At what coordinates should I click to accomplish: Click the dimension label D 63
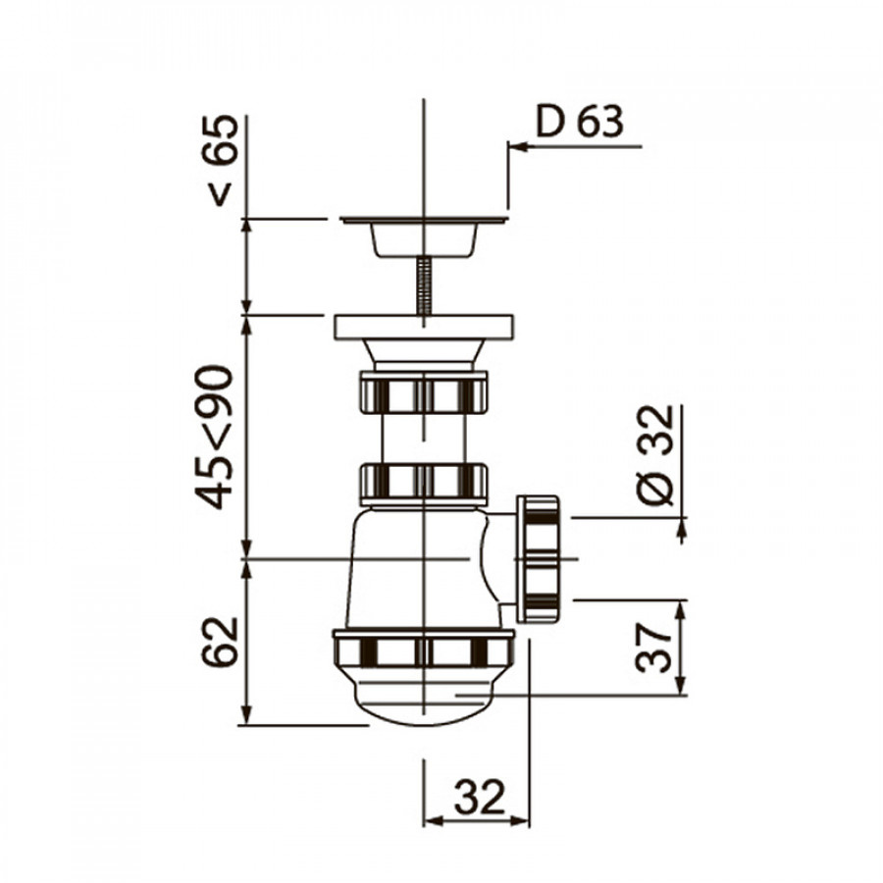[x=579, y=122]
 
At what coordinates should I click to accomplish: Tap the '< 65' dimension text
[x=222, y=160]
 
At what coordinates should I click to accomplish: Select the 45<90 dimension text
[x=216, y=436]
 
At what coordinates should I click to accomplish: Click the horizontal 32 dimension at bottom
[x=479, y=797]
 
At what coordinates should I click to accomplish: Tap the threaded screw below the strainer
[x=424, y=286]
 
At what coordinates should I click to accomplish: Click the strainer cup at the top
[x=424, y=236]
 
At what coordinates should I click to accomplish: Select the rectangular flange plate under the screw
[x=424, y=327]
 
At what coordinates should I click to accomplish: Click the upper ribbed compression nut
[x=424, y=392]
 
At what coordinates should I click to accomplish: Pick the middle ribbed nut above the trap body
[x=424, y=482]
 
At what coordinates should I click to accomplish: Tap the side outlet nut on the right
[x=538, y=558]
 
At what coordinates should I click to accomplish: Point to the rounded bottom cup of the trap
[x=424, y=699]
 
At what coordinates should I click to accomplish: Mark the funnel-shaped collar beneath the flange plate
[x=424, y=354]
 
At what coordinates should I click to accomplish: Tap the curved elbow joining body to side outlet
[x=495, y=559]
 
